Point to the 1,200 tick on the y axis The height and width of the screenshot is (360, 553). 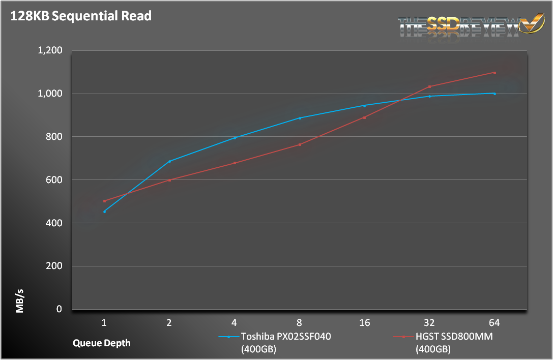pos(49,50)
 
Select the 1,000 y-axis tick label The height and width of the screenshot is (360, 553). pos(49,94)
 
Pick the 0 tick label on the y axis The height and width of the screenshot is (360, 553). pos(59,309)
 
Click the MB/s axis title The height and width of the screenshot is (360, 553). pos(19,301)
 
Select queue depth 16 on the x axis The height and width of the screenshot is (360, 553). pos(364,322)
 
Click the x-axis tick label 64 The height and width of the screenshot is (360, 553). pos(494,322)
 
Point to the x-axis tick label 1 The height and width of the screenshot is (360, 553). pos(104,322)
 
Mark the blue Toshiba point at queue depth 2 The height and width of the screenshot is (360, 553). pos(169,161)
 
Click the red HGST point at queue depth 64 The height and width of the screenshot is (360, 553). pos(494,73)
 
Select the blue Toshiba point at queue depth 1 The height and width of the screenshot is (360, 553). pos(104,212)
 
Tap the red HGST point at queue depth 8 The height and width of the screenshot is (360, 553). pos(299,144)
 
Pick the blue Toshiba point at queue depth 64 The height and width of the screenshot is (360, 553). pos(494,93)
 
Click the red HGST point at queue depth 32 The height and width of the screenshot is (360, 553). pos(429,86)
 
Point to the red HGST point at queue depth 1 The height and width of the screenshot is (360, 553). pos(104,201)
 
